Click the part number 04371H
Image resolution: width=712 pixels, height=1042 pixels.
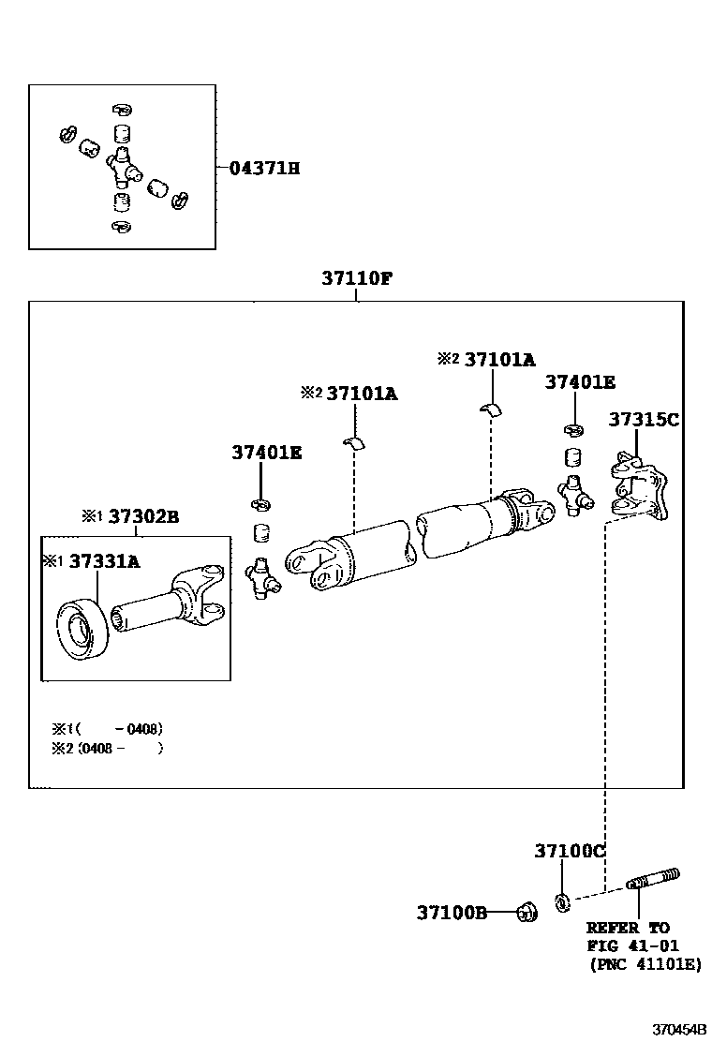pyautogui.click(x=264, y=168)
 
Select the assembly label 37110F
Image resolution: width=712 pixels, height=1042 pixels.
pyautogui.click(x=357, y=277)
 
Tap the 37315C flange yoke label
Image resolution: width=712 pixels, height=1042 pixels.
pyautogui.click(x=644, y=419)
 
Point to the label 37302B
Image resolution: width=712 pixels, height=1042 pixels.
pyautogui.click(x=143, y=516)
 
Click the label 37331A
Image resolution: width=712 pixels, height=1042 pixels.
pyautogui.click(x=104, y=562)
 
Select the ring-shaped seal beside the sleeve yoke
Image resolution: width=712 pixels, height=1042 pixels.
pyautogui.click(x=82, y=630)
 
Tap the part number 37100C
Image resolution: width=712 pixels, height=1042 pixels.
pyautogui.click(x=570, y=851)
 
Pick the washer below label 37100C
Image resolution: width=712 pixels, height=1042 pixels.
pyautogui.click(x=562, y=902)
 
